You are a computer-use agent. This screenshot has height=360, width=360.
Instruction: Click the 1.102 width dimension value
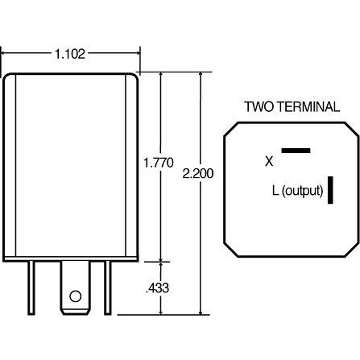point(70,54)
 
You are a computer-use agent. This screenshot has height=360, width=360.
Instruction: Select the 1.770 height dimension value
point(158,163)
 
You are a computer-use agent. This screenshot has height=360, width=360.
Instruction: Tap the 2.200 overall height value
point(199,173)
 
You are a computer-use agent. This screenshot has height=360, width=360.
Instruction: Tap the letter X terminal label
point(269,161)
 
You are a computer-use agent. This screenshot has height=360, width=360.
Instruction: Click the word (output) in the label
point(303,191)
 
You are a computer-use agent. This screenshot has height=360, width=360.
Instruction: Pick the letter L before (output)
point(276,191)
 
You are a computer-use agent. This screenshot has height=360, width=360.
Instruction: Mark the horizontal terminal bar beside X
point(296,150)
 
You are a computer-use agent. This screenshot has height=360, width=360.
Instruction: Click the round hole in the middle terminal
point(76,295)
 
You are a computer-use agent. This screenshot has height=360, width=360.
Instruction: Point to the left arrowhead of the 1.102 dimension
point(6,54)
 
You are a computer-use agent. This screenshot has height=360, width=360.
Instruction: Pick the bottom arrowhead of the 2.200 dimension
point(201,311)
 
